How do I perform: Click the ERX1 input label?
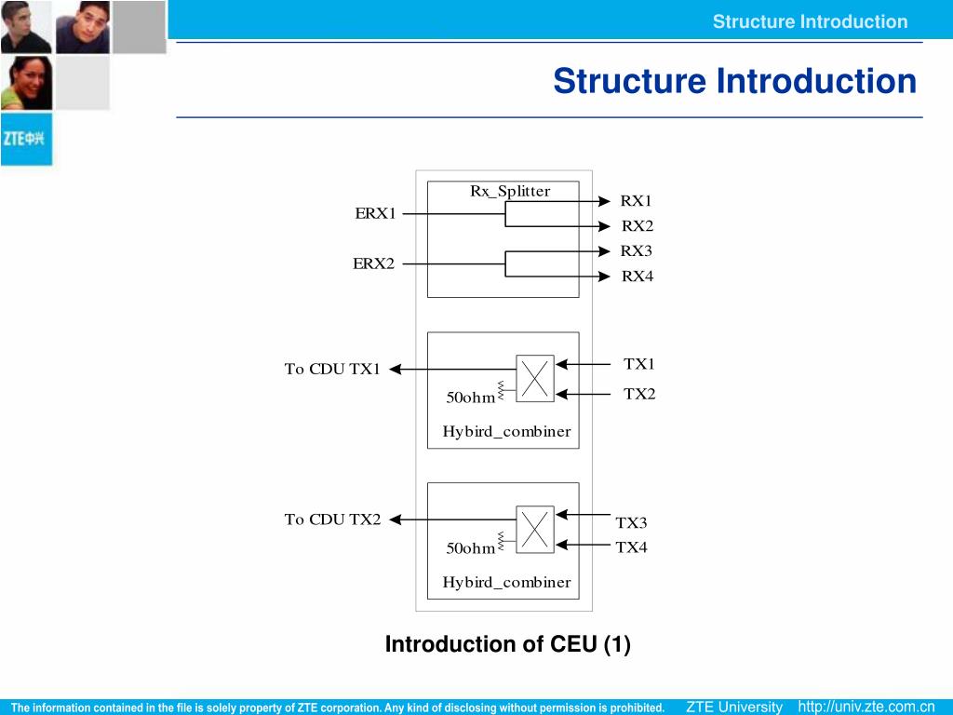(x=375, y=213)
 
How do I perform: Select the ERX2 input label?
(x=374, y=263)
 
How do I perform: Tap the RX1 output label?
(x=636, y=201)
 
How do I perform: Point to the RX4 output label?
(x=637, y=277)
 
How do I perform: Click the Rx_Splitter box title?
(x=510, y=192)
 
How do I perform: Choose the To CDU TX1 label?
(x=332, y=369)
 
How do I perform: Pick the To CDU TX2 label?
(x=332, y=519)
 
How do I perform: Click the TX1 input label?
(x=639, y=364)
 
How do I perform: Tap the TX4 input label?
(x=632, y=547)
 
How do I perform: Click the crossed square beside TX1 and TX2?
(x=535, y=378)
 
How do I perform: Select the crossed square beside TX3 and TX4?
(x=535, y=529)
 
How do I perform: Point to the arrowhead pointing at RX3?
(x=604, y=251)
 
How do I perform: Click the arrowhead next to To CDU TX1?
(x=395, y=369)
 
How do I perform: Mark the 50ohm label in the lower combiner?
(x=470, y=548)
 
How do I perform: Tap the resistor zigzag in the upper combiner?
(x=501, y=390)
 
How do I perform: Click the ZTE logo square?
(x=27, y=139)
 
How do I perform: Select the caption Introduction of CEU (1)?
(x=507, y=644)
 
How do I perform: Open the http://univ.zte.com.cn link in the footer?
(x=866, y=707)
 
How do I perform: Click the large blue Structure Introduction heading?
(x=735, y=81)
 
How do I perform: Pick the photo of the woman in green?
(x=26, y=83)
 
